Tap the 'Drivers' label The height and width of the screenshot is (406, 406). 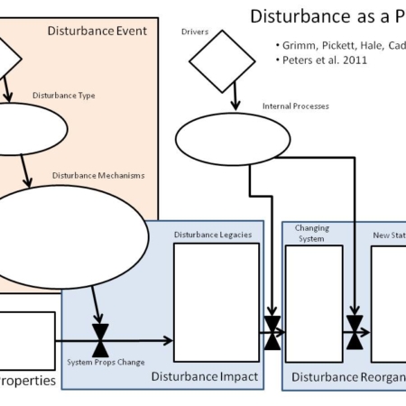[x=194, y=32]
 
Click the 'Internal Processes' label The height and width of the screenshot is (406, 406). [x=295, y=106]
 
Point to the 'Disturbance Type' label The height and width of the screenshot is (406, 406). [x=64, y=95]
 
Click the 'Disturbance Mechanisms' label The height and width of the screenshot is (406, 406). [x=97, y=175]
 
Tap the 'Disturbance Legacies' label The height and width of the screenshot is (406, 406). [x=212, y=235]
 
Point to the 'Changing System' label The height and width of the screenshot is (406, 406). [x=312, y=234]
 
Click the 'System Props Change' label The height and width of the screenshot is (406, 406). [x=105, y=362]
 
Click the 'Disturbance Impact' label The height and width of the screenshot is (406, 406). [x=205, y=376]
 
